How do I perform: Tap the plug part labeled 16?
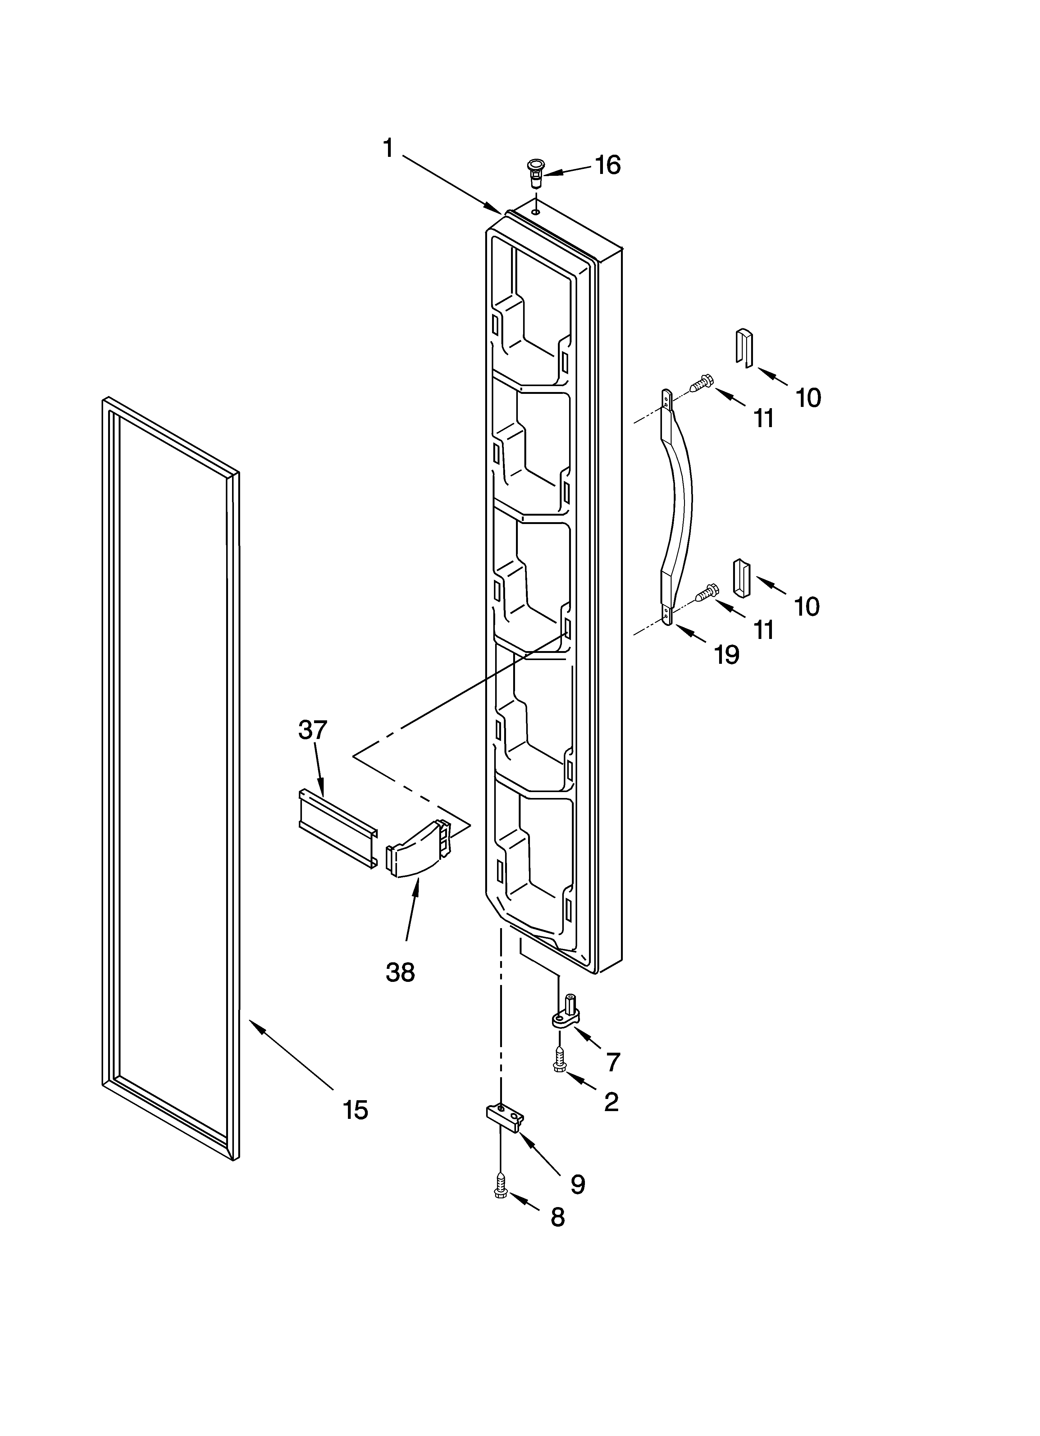[x=536, y=172]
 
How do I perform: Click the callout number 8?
[x=557, y=1217]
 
